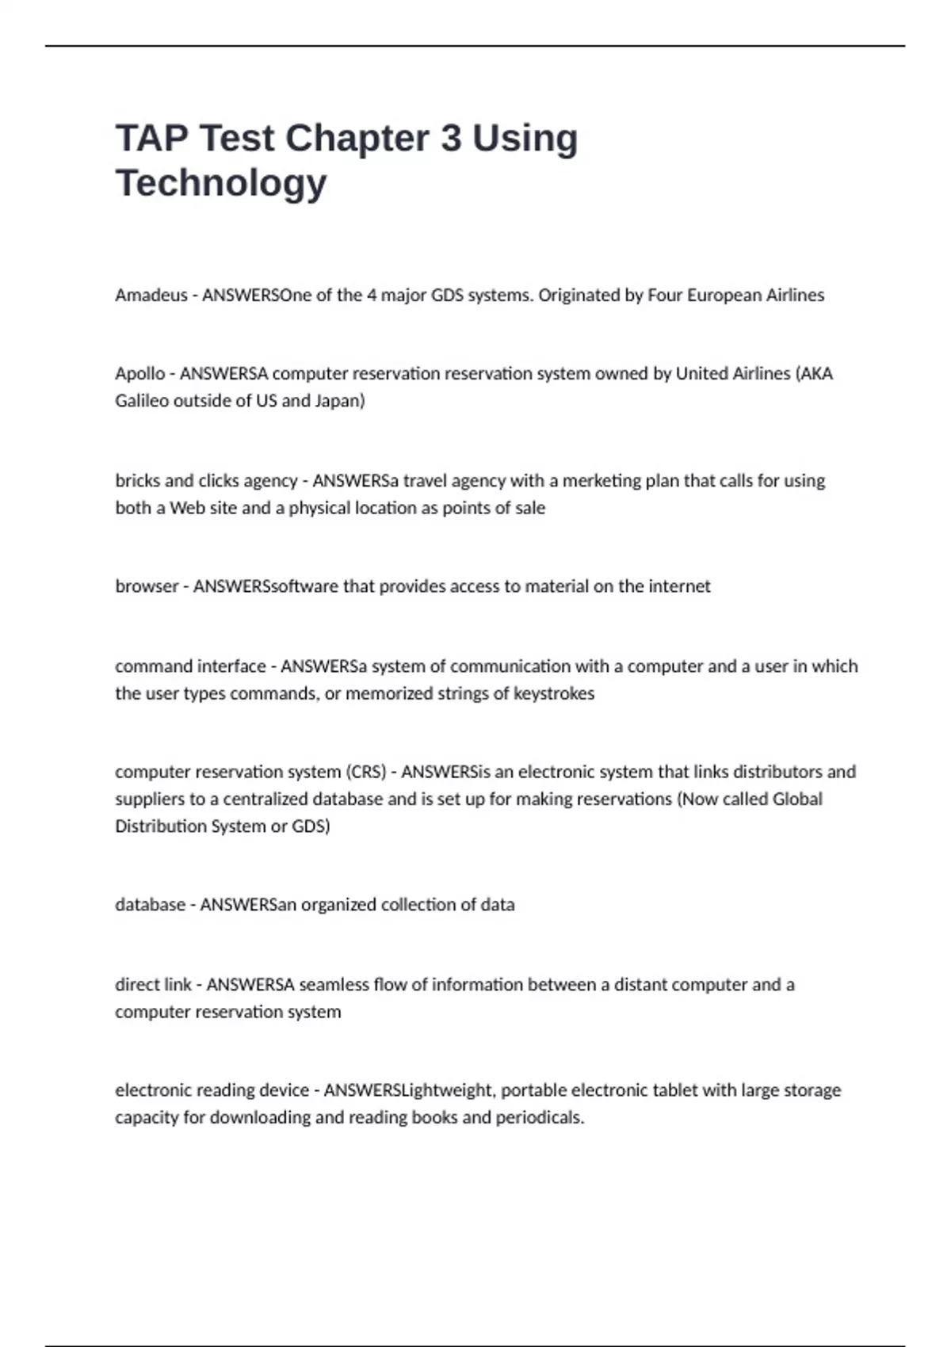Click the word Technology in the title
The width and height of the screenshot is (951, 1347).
pyautogui.click(x=221, y=183)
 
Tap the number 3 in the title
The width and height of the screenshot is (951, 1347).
pyautogui.click(x=450, y=138)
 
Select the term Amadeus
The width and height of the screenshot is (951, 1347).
pyautogui.click(x=151, y=295)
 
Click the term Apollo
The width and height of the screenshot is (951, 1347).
pyautogui.click(x=139, y=373)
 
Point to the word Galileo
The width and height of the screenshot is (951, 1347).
pyautogui.click(x=142, y=401)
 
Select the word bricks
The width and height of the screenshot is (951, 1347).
pyautogui.click(x=136, y=480)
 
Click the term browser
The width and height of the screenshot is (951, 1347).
pyautogui.click(x=146, y=586)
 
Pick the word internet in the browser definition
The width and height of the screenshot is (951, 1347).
pyautogui.click(x=679, y=586)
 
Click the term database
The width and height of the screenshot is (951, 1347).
pyautogui.click(x=150, y=904)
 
